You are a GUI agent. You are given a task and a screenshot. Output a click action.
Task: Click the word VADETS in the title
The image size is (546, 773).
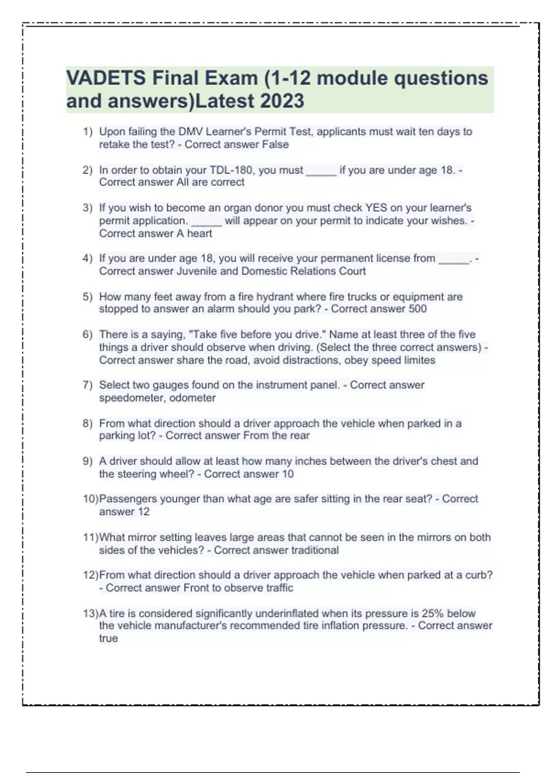coord(106,78)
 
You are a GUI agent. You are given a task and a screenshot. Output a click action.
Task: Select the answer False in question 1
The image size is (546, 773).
coord(275,145)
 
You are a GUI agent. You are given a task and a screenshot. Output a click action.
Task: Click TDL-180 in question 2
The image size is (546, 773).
coord(232,170)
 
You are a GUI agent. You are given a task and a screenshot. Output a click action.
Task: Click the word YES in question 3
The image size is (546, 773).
coord(376,208)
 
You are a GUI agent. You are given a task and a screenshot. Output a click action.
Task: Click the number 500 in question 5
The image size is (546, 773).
coord(417,309)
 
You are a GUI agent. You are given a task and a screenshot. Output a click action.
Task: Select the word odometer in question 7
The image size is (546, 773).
coord(192,398)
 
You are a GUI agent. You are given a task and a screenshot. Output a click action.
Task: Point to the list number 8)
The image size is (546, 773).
coord(87,424)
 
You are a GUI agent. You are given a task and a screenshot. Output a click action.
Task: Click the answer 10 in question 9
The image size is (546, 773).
coord(288,474)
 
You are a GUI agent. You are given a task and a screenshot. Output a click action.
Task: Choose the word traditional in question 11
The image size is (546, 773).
coord(315,550)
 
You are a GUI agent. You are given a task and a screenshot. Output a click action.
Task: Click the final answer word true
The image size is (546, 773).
coord(108,638)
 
